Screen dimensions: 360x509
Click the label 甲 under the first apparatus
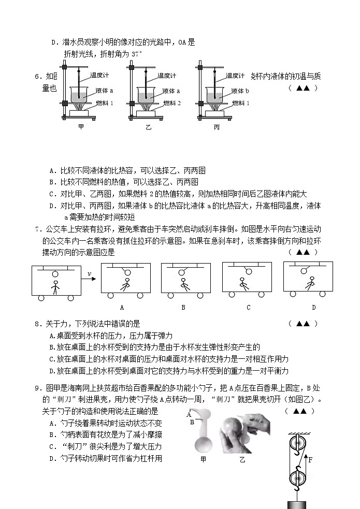pos(81,126)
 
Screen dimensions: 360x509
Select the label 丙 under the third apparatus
pos(217,126)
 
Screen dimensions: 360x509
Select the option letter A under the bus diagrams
pos(122,307)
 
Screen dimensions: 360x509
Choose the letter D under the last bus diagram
pos(313,307)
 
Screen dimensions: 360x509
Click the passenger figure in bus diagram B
pos(183,284)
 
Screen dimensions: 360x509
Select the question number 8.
pos(37,324)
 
